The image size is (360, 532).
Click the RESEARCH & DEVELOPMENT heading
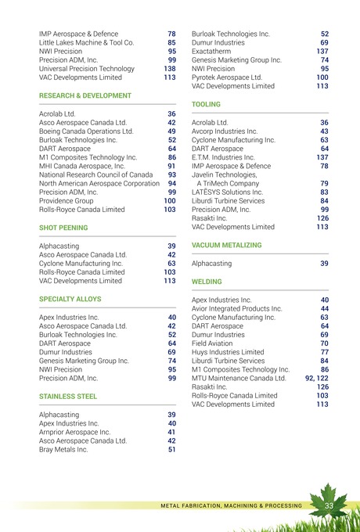85,95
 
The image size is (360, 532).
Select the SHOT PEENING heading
63,228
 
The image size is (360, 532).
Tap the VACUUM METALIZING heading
225,246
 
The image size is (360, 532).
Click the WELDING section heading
207,281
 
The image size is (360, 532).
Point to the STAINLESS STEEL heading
68,397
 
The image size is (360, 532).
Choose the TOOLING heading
206,104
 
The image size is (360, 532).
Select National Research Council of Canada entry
95,174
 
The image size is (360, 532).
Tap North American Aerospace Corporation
99,183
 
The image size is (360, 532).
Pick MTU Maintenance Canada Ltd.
244,378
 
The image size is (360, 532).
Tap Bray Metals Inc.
63,450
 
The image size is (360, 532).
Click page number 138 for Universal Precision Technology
169,69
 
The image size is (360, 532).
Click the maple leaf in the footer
329,501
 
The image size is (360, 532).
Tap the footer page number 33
329,505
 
